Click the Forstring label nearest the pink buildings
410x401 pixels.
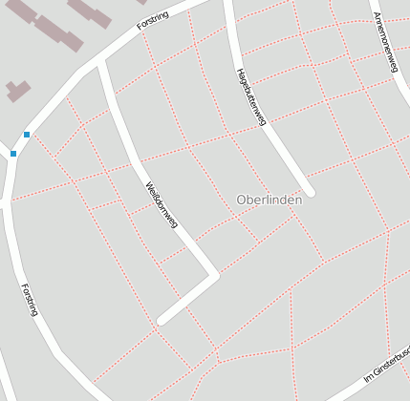[x=153, y=20]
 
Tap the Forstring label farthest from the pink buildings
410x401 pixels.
[x=28, y=299]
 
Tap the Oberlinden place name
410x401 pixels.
[x=270, y=200]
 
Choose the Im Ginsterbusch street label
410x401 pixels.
[x=387, y=368]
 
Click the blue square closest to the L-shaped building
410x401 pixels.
[x=27, y=135]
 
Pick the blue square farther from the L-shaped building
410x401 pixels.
[x=13, y=153]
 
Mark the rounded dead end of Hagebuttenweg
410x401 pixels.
[x=309, y=190]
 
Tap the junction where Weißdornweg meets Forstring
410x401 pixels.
[x=101, y=63]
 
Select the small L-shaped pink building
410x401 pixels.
[x=17, y=92]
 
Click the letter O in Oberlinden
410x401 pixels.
[x=241, y=200]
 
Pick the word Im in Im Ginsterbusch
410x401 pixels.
[x=368, y=379]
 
